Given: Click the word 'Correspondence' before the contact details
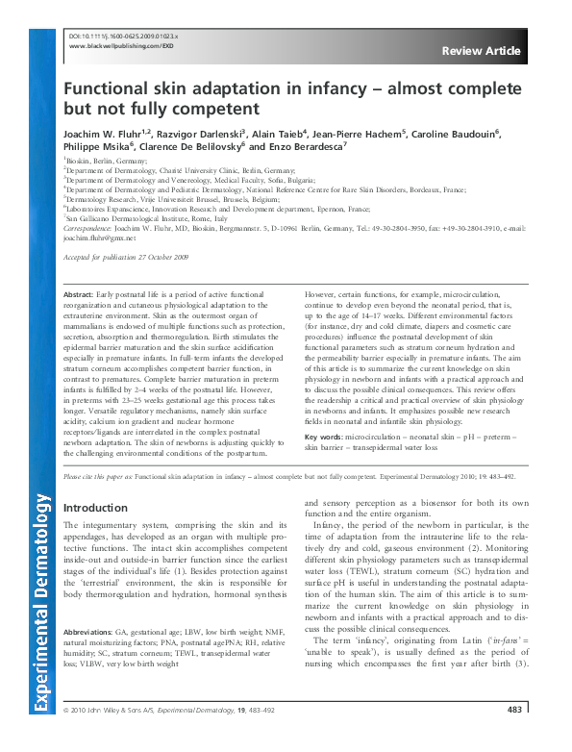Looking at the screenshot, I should coord(90,228).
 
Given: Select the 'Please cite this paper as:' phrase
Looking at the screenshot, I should coord(101,476).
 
